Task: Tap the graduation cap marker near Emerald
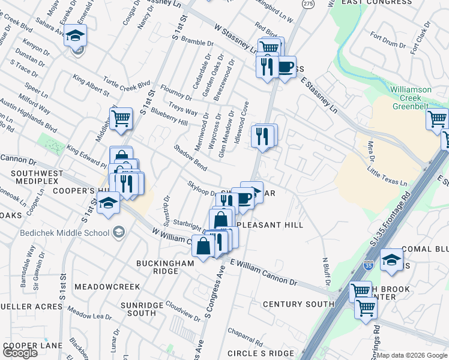pos(76,36)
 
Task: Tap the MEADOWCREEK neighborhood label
pos(107,287)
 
